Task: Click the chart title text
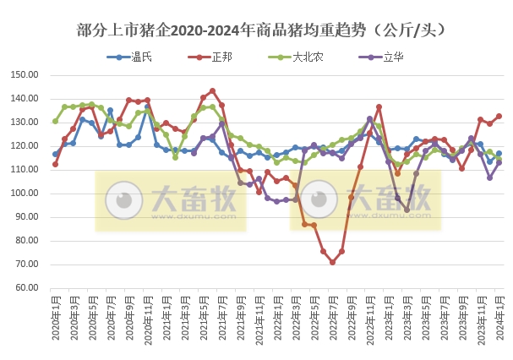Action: click(x=256, y=30)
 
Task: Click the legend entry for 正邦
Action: click(x=221, y=57)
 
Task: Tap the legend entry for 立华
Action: click(x=392, y=57)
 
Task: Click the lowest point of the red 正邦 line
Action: click(x=333, y=262)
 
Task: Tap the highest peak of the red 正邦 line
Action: click(x=212, y=90)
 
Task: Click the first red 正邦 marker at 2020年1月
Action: click(x=55, y=164)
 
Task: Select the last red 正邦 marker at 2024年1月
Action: click(x=499, y=116)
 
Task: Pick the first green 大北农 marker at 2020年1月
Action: click(x=55, y=121)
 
